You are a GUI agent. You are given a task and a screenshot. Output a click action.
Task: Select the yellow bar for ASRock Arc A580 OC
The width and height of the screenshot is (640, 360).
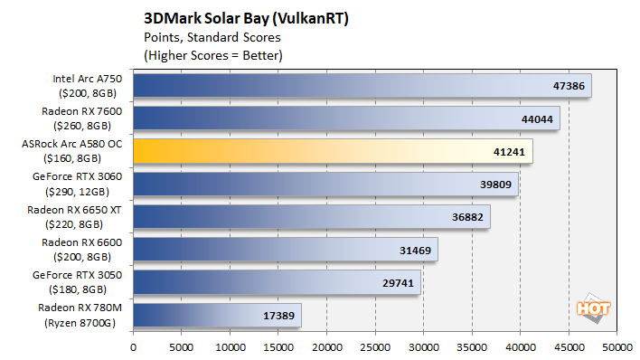[333, 150]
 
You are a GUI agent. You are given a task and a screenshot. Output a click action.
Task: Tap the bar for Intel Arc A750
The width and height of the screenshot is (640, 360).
[362, 87]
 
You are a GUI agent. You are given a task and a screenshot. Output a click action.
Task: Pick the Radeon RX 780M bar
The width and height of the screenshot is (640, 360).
[217, 316]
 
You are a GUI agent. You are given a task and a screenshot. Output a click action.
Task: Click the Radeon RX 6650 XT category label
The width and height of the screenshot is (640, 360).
[81, 217]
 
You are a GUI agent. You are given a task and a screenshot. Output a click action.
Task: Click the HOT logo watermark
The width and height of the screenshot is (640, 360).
[596, 306]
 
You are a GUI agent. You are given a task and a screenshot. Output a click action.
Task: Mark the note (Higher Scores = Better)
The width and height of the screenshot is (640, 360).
[212, 55]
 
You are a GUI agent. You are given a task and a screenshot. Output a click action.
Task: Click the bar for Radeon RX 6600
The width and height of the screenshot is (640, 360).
[285, 250]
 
